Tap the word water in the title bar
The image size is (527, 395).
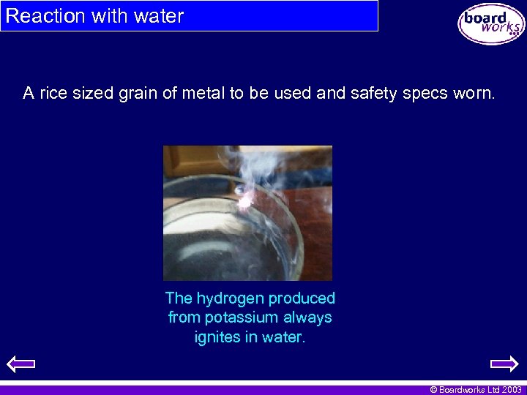tap(157, 16)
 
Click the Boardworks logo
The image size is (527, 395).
tap(491, 24)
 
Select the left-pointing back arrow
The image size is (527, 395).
tap(20, 364)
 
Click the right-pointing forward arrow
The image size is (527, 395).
tap(504, 364)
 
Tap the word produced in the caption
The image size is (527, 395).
tap(302, 298)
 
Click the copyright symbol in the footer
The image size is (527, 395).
tap(433, 390)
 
